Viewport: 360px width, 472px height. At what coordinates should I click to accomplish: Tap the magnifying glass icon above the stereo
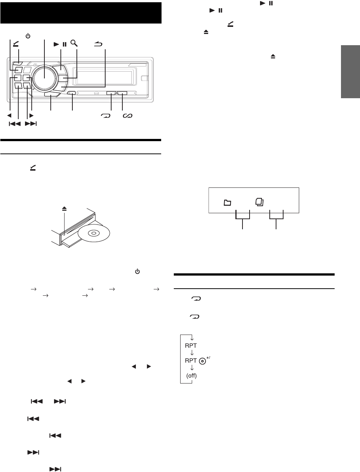click(74, 44)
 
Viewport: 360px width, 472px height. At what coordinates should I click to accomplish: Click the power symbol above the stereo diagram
click(28, 36)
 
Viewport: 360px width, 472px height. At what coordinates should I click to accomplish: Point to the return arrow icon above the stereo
click(98, 44)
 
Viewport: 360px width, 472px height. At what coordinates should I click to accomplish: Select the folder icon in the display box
click(227, 203)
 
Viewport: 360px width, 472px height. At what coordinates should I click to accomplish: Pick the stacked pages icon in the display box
click(260, 202)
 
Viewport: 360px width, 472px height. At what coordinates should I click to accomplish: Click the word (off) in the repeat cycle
click(191, 376)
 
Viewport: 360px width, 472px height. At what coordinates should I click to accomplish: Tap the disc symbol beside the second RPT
click(202, 361)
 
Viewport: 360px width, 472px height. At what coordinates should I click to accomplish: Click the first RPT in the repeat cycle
click(191, 345)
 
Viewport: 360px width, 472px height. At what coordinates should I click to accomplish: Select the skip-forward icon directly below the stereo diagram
click(31, 124)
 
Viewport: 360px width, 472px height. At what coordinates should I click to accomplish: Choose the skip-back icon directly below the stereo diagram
click(15, 124)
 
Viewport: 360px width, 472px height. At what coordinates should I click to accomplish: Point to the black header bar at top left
click(81, 13)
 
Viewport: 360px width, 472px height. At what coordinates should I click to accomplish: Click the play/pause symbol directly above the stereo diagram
click(60, 44)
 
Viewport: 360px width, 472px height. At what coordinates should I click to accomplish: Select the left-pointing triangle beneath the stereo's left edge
click(10, 116)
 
